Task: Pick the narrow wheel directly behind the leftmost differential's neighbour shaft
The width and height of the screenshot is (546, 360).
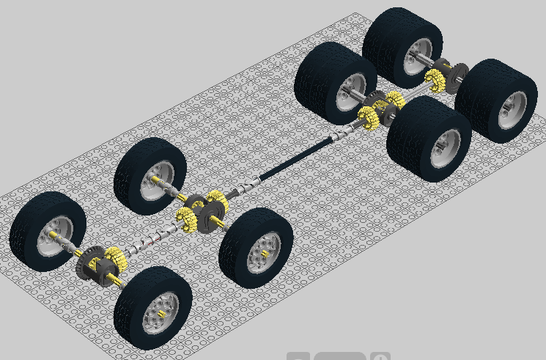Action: (150, 175)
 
